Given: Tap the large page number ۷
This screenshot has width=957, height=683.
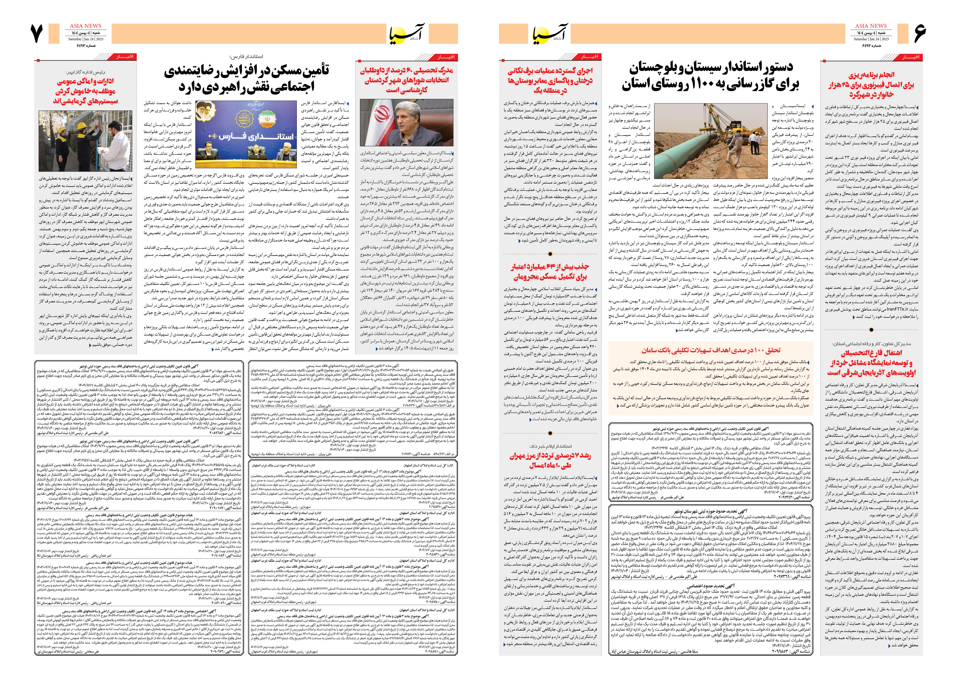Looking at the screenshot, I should click(37, 34).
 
